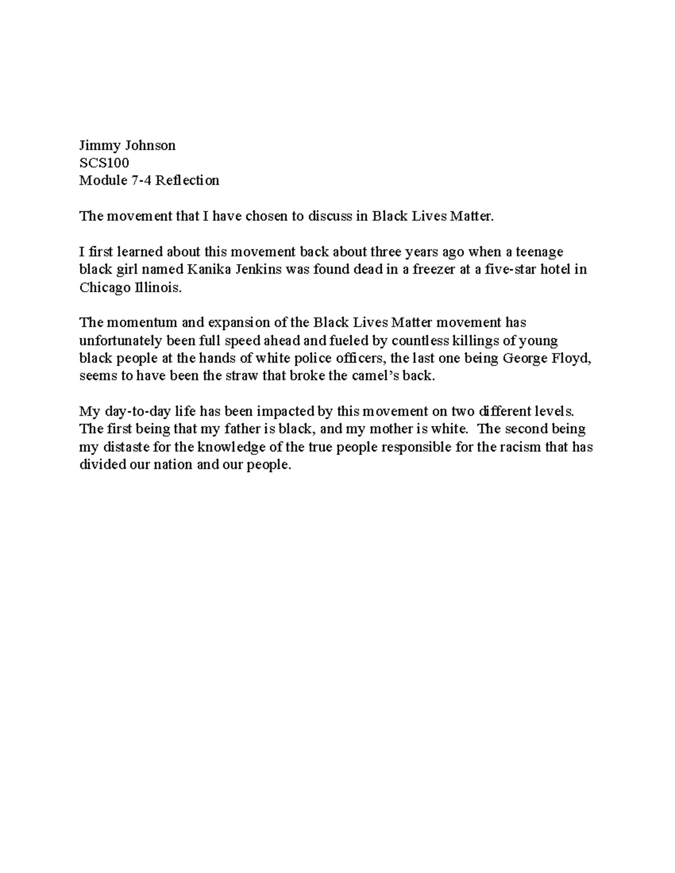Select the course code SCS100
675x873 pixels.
click(x=104, y=163)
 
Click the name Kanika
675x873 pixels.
click(x=208, y=269)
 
